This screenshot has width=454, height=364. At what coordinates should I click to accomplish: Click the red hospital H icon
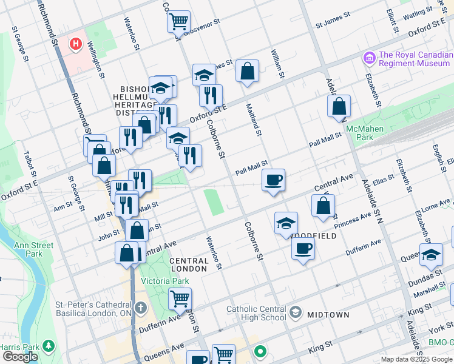[x=76, y=44]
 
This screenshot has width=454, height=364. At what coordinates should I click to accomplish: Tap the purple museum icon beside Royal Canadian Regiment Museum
[x=368, y=58]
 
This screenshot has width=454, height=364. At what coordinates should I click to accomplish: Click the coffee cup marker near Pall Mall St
[x=273, y=180]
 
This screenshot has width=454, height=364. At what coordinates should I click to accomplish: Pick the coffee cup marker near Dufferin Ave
[x=303, y=248]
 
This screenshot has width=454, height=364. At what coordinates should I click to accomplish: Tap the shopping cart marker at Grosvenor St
[x=178, y=22]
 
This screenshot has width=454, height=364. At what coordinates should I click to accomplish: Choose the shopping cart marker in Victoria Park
[x=180, y=298]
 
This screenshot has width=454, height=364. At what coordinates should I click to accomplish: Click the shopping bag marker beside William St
[x=247, y=71]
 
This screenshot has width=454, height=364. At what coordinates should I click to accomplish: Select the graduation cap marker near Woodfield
[x=286, y=223]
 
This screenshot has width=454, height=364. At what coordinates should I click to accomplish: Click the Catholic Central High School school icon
[x=296, y=312]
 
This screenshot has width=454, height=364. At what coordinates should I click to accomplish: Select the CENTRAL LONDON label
[x=189, y=265]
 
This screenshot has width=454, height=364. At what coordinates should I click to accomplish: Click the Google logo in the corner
[x=20, y=357]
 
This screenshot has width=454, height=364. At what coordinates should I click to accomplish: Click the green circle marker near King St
[x=260, y=351]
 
